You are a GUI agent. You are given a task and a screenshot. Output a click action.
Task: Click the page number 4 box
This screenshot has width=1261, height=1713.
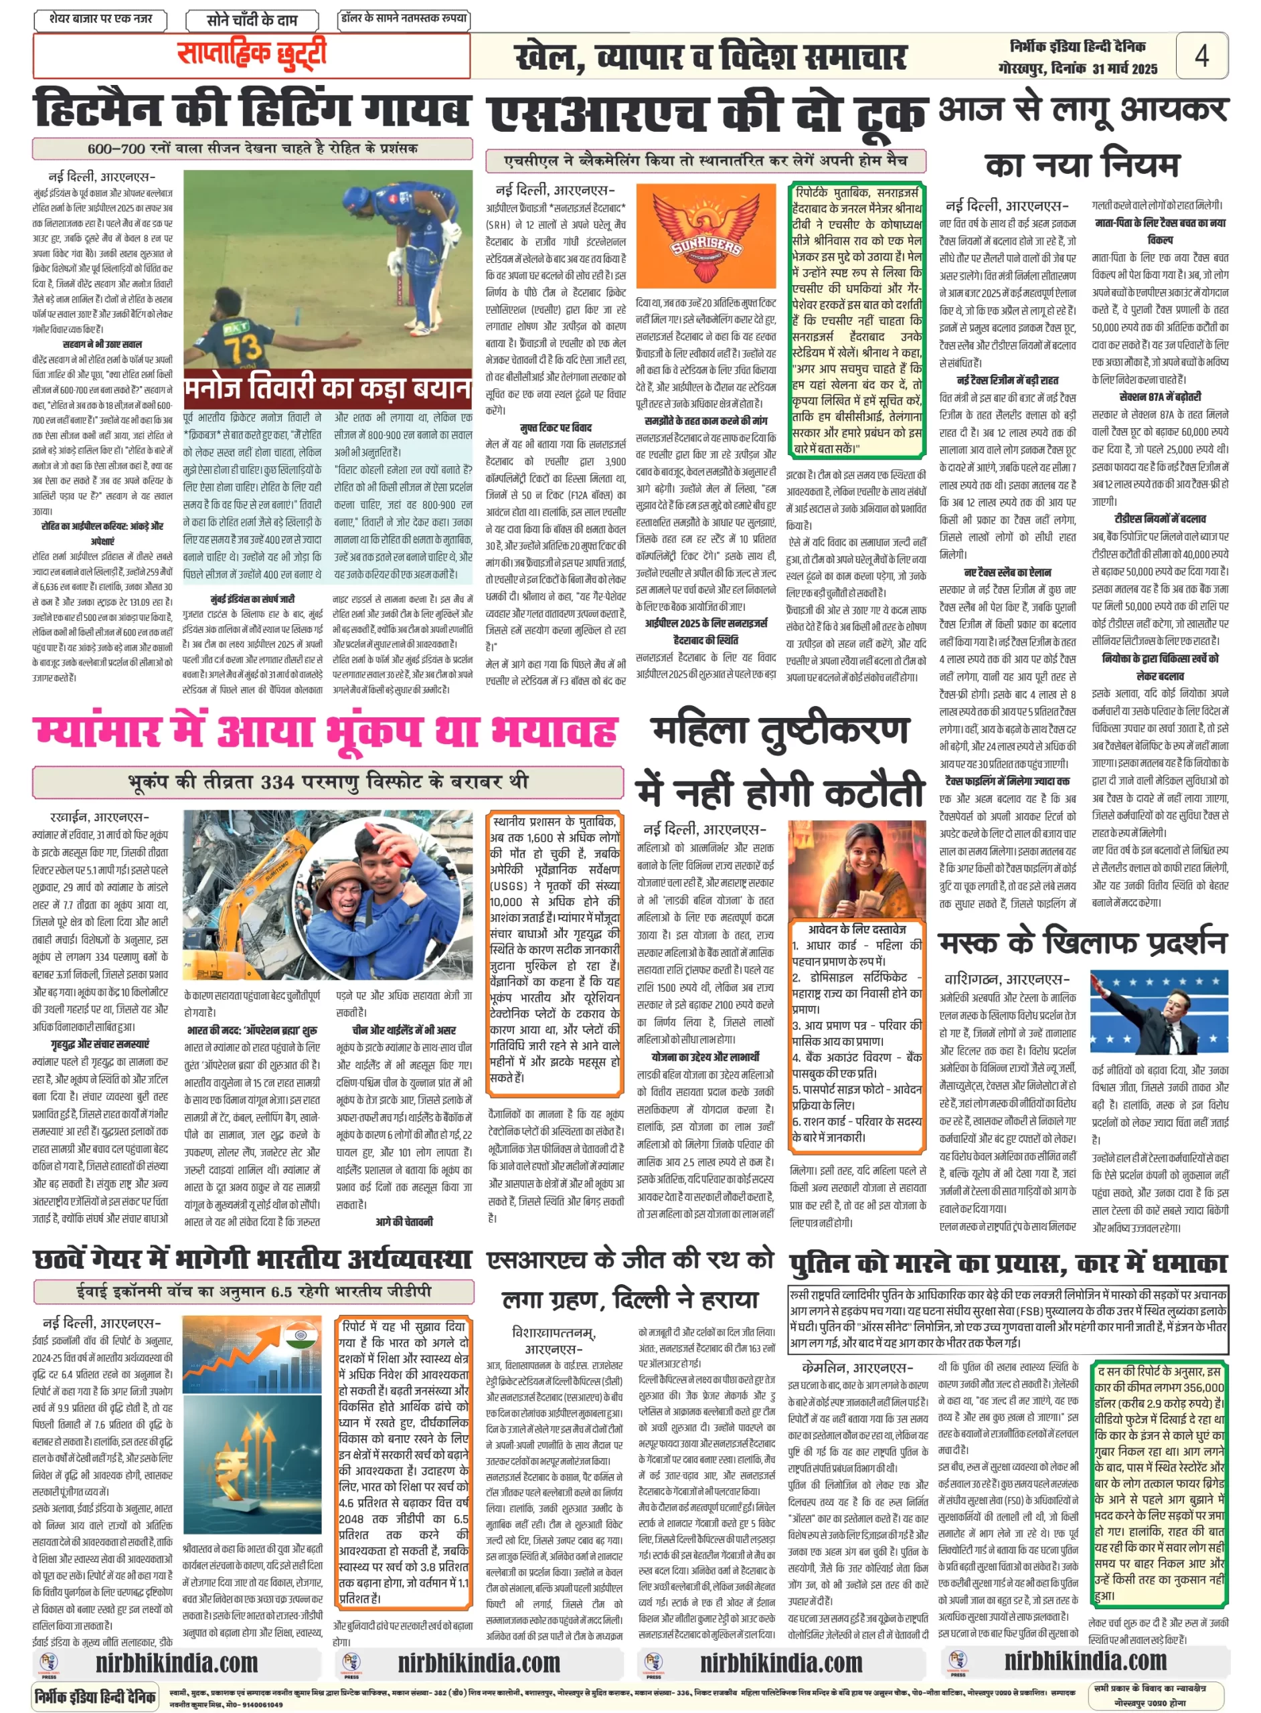1201,56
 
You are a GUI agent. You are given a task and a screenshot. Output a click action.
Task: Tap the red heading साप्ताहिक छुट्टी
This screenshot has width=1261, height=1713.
251,54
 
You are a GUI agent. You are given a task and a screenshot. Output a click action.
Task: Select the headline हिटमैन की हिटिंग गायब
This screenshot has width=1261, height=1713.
251,109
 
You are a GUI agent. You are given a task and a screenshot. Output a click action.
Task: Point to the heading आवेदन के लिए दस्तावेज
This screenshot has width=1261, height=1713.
857,929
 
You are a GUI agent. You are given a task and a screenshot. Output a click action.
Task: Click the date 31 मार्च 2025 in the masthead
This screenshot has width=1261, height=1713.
1124,69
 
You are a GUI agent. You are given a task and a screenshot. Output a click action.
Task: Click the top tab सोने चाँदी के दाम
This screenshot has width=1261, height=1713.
252,20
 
